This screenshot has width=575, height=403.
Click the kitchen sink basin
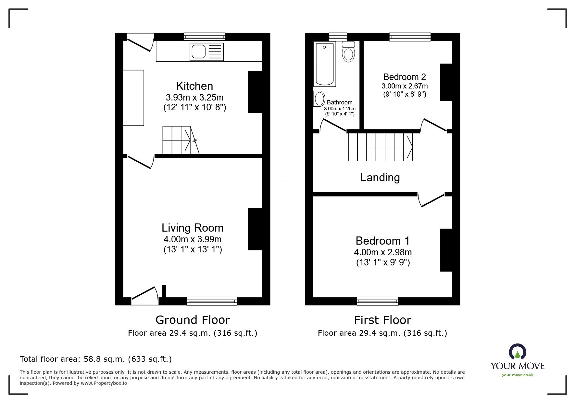click(198, 51)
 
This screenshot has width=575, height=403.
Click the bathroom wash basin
click(319, 99)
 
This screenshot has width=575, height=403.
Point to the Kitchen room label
click(194, 86)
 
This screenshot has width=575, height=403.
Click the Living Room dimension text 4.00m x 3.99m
click(193, 239)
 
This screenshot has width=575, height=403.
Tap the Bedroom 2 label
click(404, 77)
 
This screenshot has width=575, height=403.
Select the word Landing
click(380, 177)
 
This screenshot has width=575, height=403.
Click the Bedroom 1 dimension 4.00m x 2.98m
click(383, 252)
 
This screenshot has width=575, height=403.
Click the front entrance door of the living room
click(144, 296)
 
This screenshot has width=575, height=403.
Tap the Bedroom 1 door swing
click(431, 200)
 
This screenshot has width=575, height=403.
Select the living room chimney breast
click(255, 229)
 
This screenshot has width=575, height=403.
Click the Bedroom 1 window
click(377, 301)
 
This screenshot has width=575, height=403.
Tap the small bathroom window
click(338, 37)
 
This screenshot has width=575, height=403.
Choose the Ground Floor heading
click(193, 320)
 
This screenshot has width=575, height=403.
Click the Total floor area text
click(95, 359)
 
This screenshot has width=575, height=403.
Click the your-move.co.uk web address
click(518, 375)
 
